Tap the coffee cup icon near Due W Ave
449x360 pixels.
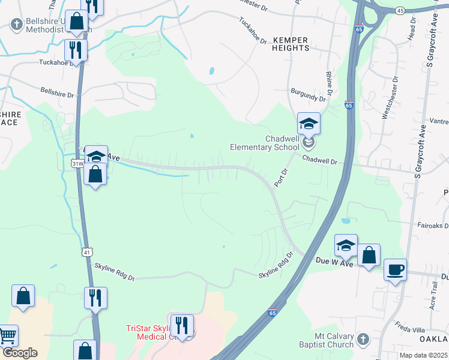[395, 269]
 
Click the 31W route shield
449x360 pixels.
[77, 163]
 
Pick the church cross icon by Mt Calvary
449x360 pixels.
[362, 340]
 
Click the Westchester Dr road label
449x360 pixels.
[390, 96]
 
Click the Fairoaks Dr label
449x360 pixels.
[433, 226]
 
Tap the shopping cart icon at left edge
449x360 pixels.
[8, 336]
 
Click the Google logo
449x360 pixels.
[20, 353]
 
